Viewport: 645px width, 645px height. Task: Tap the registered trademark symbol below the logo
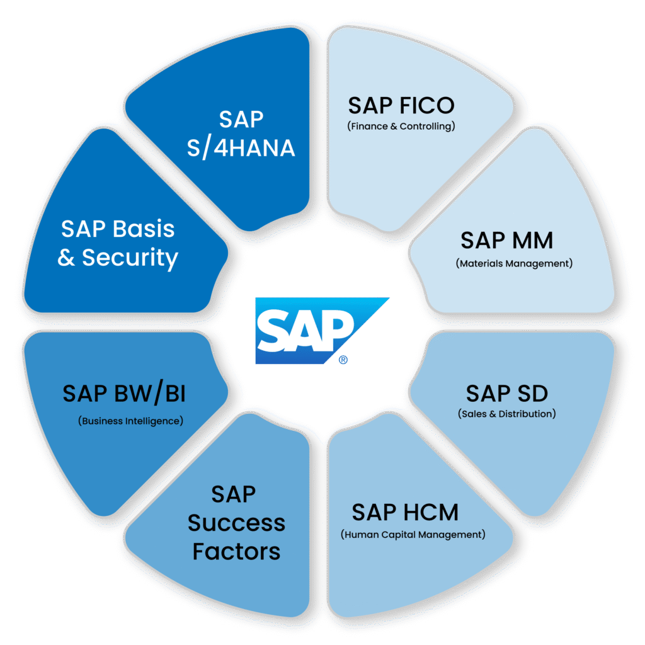[343, 360]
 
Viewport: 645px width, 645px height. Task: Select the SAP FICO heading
[401, 105]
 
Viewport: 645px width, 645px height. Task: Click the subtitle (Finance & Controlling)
[401, 126]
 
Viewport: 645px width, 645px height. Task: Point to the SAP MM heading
[506, 240]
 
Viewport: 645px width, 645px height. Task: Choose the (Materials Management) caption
[514, 263]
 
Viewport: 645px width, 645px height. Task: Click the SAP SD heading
[507, 394]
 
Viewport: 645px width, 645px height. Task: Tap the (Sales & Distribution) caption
[507, 414]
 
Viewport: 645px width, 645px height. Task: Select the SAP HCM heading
[405, 512]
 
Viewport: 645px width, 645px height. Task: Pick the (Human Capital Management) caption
[413, 535]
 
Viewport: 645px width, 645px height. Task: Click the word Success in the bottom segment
[236, 523]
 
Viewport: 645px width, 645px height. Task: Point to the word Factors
[236, 552]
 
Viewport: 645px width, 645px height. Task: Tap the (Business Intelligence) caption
[131, 420]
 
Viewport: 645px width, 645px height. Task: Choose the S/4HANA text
[241, 148]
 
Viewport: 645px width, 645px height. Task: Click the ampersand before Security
[66, 258]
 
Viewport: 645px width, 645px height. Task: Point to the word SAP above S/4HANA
[241, 119]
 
